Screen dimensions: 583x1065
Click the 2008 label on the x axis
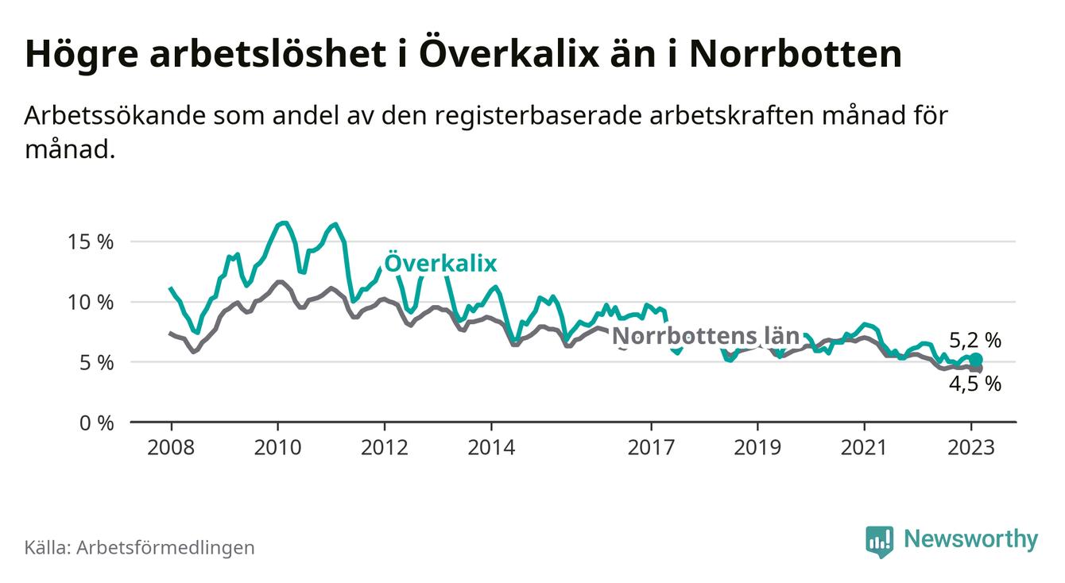click(171, 447)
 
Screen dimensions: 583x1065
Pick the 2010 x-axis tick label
click(277, 447)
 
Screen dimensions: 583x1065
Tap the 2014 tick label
click(491, 447)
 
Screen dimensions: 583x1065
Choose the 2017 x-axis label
click(652, 447)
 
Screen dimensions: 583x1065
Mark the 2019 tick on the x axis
click(758, 447)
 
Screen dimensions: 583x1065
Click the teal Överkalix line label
click(440, 263)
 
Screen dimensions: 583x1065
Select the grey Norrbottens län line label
click(705, 336)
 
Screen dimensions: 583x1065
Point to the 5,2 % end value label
click(975, 341)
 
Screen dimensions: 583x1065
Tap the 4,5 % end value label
click(975, 384)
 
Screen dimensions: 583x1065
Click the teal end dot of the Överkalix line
click(977, 360)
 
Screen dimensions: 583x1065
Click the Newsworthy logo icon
click(879, 540)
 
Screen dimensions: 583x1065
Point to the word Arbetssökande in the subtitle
click(112, 115)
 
